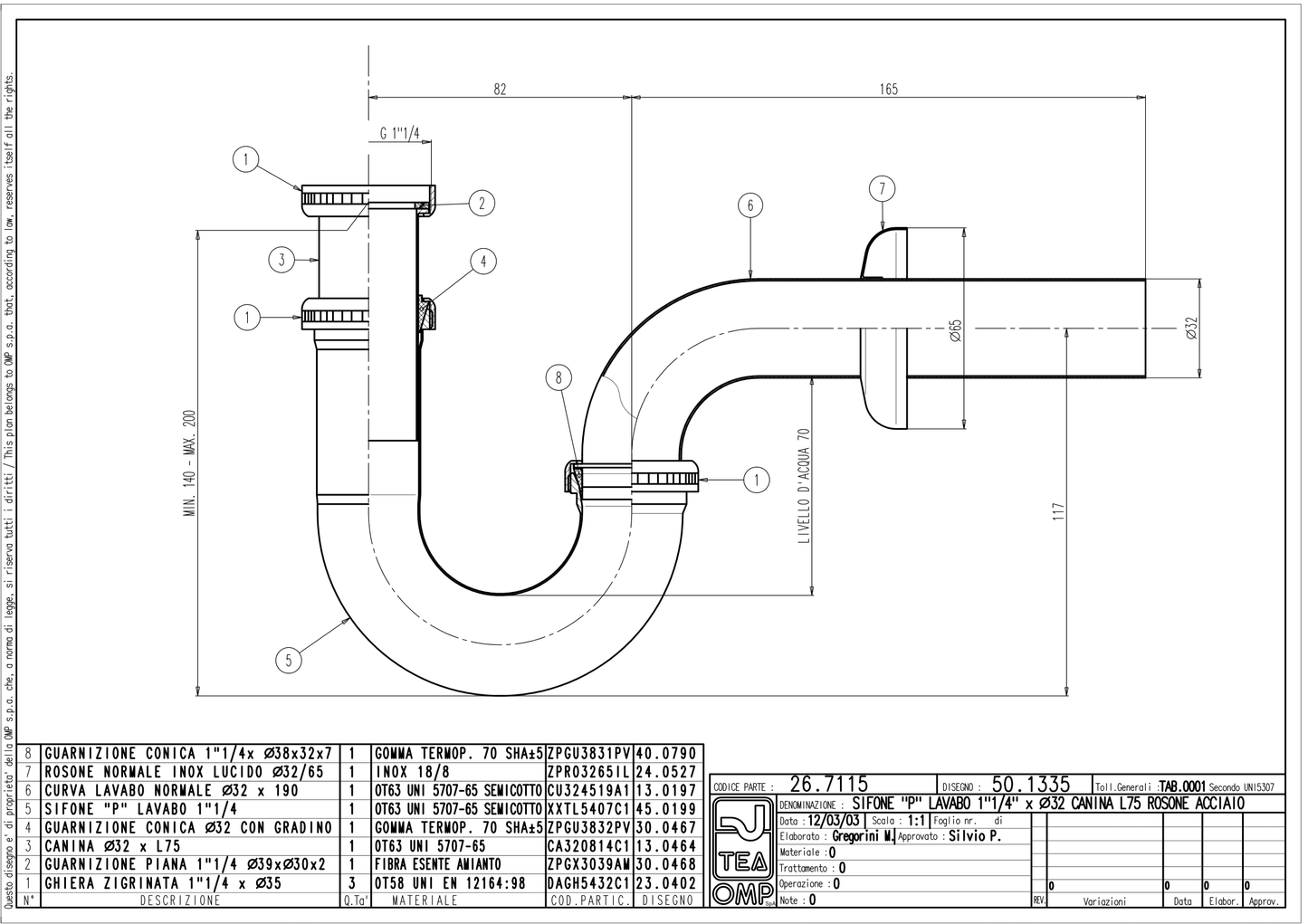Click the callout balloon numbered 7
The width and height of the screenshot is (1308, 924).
(x=882, y=188)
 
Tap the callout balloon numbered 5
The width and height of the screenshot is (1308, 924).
(x=289, y=661)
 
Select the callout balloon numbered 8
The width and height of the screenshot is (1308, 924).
(x=559, y=377)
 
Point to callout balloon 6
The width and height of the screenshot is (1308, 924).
(x=750, y=205)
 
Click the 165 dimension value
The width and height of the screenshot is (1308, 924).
(x=889, y=90)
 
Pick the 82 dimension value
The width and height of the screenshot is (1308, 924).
(x=500, y=90)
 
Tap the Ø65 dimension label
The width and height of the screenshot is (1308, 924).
(x=955, y=329)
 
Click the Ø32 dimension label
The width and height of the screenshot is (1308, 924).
(x=1192, y=328)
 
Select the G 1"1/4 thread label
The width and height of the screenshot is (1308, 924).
(x=400, y=134)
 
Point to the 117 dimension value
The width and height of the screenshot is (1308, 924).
(x=1059, y=512)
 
